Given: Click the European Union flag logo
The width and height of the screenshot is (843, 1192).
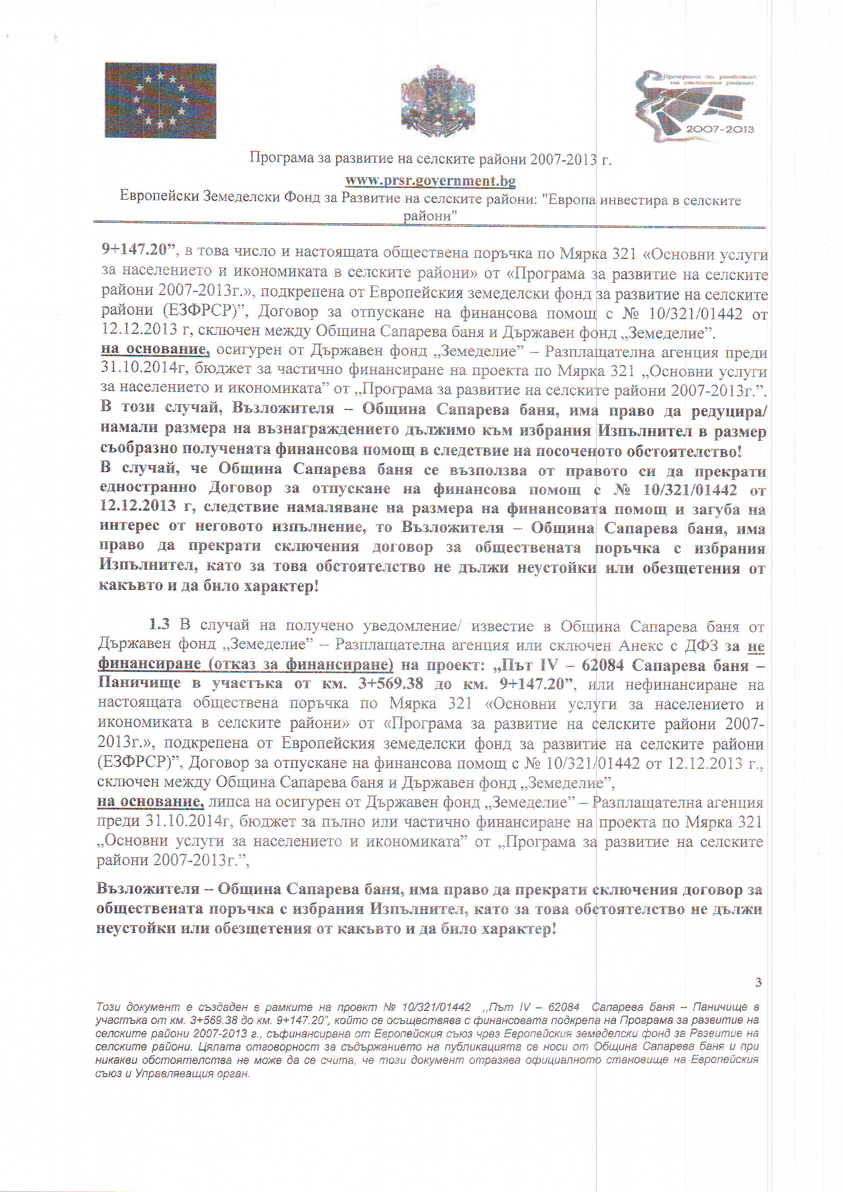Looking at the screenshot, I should point(160,100).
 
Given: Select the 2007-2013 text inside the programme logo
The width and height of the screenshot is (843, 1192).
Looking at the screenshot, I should point(720,129).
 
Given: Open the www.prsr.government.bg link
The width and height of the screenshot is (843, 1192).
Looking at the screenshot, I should point(430,181).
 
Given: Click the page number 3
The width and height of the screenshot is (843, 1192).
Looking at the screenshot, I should point(758,982).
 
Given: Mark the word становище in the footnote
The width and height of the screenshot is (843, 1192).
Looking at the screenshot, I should point(635,1059).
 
